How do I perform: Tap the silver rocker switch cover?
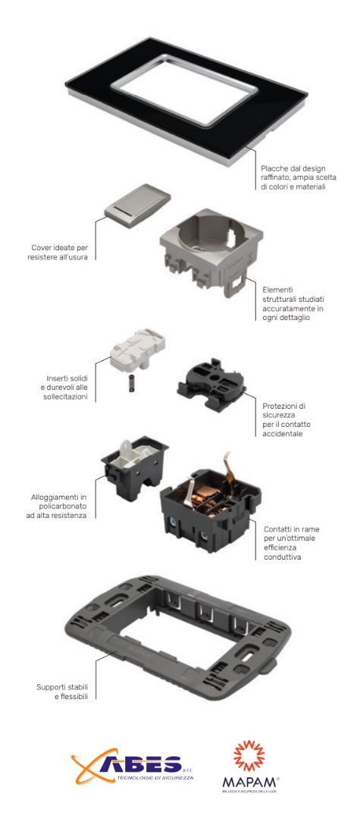[137, 206]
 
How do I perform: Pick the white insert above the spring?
[138, 347]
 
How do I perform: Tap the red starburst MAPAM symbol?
[249, 755]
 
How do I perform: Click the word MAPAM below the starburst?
[250, 782]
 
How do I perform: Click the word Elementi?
[277, 289]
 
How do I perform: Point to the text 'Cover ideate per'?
[59, 247]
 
